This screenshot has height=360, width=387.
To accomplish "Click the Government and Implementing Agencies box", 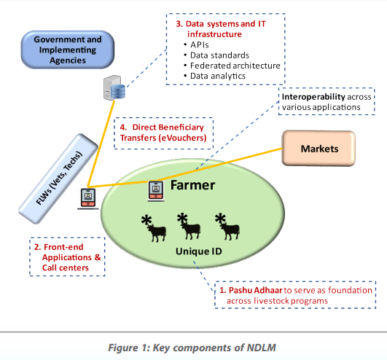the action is (68, 50).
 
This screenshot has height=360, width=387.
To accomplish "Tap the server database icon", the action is (114, 88).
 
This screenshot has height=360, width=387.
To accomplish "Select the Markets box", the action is (318, 148).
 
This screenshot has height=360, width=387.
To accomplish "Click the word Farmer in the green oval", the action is (192, 185).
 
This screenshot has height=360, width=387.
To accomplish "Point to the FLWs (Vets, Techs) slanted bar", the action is (58, 179).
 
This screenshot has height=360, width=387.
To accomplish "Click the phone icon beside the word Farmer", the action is (156, 191).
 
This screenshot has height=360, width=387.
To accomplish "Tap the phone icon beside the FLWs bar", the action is (88, 199).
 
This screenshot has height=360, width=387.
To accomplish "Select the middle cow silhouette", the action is (189, 226).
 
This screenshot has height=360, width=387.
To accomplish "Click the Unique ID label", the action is (199, 251).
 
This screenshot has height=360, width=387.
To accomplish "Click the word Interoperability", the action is (313, 97).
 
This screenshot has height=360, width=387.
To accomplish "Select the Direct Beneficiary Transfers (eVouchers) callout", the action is (163, 133).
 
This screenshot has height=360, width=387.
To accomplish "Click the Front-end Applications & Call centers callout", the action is (67, 257).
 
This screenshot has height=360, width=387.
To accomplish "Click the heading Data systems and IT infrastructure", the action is (221, 29).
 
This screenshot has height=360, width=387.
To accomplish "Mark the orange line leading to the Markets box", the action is (219, 164).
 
